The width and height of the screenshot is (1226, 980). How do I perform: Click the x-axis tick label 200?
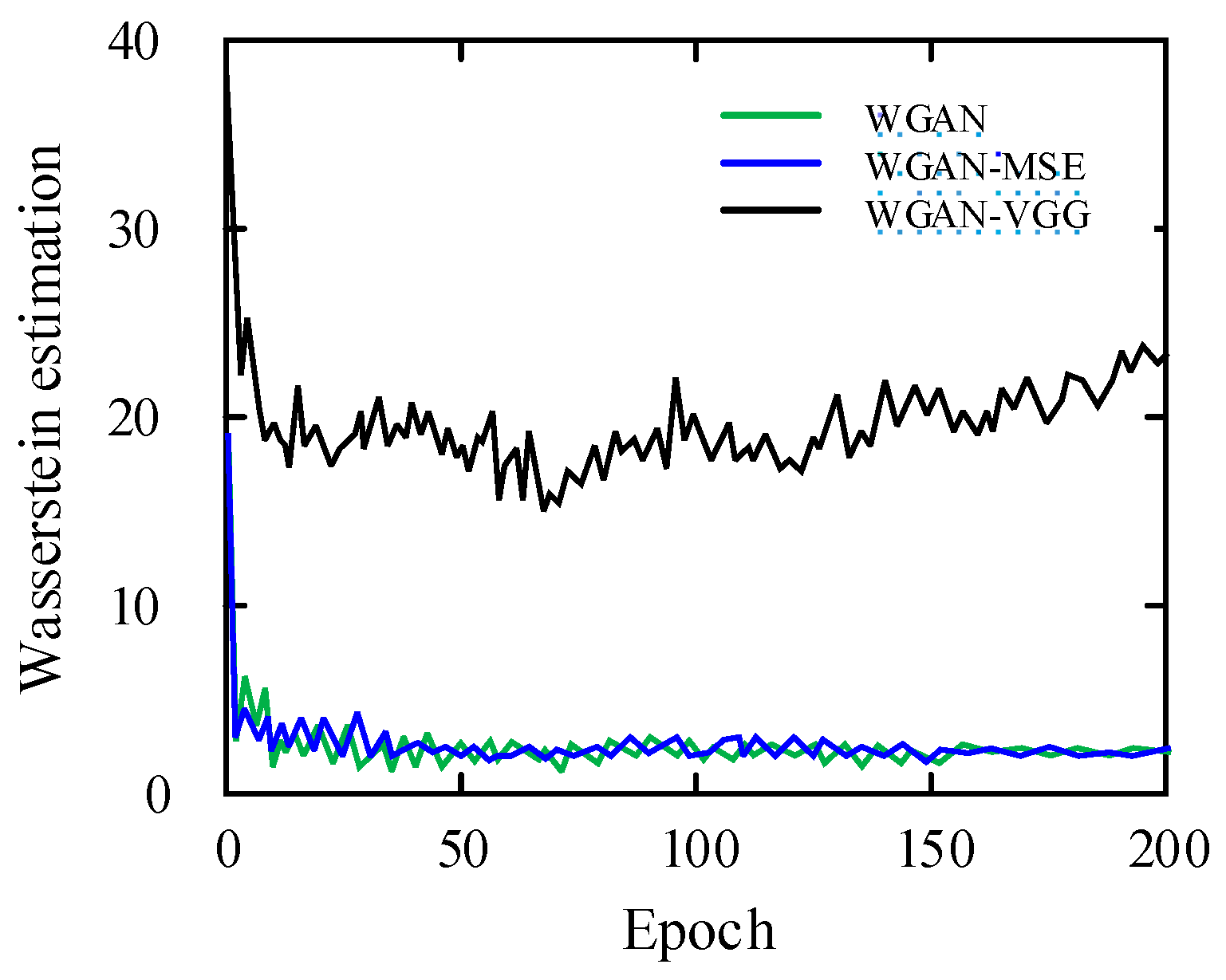click(1166, 850)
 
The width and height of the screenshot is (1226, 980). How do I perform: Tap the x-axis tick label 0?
click(228, 850)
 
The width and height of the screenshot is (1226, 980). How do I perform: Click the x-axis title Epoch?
click(698, 930)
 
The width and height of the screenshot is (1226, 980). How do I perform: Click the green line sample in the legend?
click(771, 116)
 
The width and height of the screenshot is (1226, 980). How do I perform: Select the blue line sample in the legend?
click(771, 163)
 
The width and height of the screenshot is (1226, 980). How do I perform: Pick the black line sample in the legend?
click(771, 211)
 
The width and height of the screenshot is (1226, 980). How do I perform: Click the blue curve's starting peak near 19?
click(228, 435)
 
